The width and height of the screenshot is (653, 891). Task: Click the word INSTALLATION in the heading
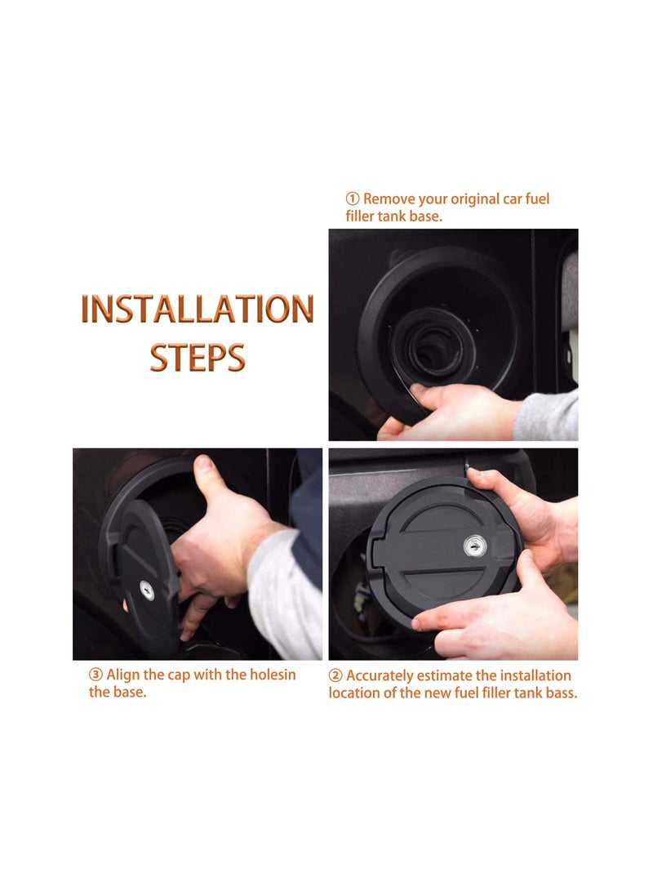197,310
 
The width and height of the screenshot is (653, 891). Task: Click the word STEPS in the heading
197,357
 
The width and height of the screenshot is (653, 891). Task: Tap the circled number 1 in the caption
353,198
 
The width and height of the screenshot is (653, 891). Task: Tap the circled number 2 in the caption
335,675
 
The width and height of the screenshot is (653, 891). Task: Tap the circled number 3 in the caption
96,675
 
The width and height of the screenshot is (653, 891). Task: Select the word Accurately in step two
380,675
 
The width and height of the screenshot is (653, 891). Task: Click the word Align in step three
123,675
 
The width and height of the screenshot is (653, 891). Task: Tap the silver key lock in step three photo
145,587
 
